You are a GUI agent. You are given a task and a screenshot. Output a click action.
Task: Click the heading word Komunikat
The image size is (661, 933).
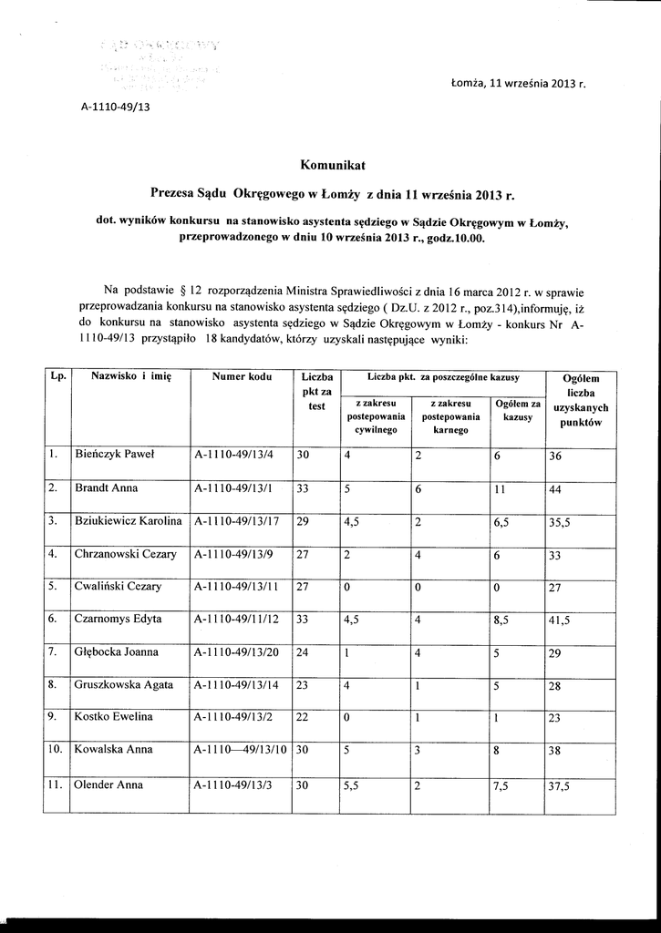click(x=332, y=165)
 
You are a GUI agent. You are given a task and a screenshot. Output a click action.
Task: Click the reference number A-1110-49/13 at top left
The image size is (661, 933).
click(x=115, y=107)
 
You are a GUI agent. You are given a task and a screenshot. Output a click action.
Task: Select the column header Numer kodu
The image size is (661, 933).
click(x=242, y=376)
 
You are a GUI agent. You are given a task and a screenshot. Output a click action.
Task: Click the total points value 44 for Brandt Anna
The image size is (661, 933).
click(x=556, y=489)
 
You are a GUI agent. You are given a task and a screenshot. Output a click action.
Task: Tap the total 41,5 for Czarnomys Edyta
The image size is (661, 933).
click(x=561, y=620)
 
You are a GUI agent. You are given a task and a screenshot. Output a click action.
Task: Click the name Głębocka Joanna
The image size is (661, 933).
click(x=116, y=652)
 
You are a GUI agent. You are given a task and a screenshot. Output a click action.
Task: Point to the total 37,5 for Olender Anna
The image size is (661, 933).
click(x=561, y=785)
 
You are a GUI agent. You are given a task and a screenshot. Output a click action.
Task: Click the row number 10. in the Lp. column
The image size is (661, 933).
click(x=55, y=750)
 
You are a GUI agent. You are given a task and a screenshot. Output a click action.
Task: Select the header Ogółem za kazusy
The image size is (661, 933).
click(x=517, y=410)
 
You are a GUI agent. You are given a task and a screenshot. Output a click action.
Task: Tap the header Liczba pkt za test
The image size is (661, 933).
click(x=316, y=391)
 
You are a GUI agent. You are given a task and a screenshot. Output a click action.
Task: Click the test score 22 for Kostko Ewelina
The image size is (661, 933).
click(x=304, y=718)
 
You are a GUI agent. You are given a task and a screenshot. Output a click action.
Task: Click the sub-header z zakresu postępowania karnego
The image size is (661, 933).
click(x=450, y=416)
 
